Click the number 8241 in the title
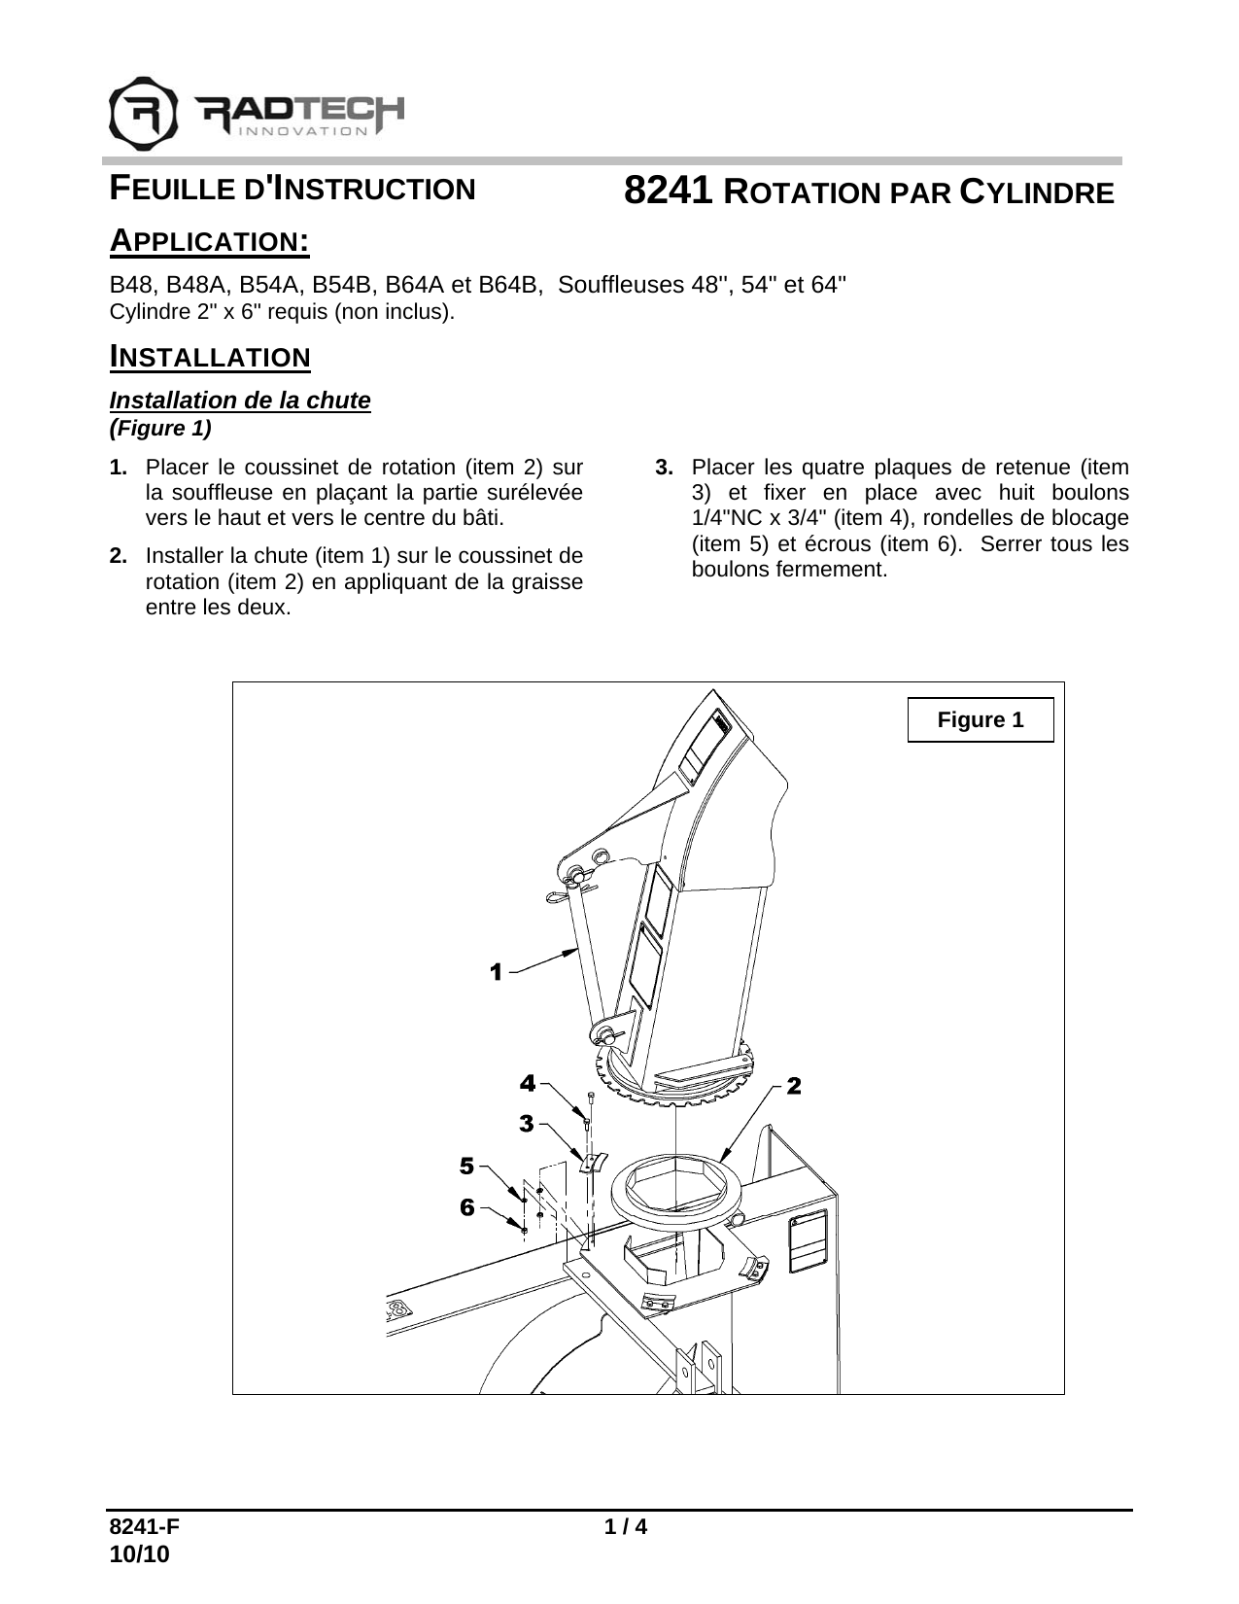pos(669,192)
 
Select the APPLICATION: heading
pos(209,240)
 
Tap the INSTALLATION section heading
pos(209,357)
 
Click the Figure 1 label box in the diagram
pos(980,720)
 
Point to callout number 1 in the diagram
pos(496,971)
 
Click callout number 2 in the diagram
pos(794,1086)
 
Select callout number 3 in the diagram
pos(526,1124)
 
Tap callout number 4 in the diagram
pos(526,1082)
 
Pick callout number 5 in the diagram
pos(467,1165)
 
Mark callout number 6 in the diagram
pos(467,1207)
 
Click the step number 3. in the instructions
pos(665,468)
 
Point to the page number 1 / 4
pos(626,1527)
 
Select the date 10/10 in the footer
pos(139,1554)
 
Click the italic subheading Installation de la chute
pos(240,401)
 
